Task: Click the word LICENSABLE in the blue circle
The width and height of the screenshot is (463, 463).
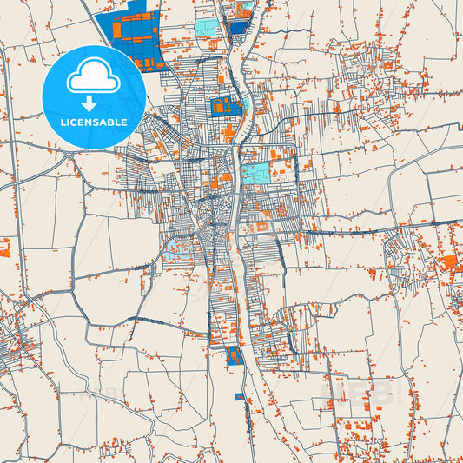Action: [93, 122]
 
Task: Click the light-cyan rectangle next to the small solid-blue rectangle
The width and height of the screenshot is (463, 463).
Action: [209, 28]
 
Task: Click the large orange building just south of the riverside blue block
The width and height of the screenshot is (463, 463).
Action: [228, 131]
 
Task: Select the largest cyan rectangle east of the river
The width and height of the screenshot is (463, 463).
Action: [255, 174]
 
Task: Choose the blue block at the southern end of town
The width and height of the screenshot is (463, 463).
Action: [232, 355]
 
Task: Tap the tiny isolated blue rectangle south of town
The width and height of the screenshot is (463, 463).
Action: [240, 396]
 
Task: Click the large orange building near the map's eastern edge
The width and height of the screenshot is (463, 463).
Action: [451, 262]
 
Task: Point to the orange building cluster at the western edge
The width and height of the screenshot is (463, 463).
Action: [4, 249]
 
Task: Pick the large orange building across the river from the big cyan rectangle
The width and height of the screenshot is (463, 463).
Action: [215, 183]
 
